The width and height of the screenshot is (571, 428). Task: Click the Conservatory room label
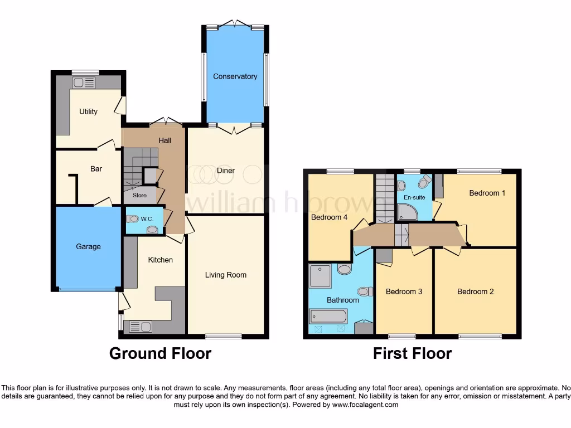pyautogui.click(x=235, y=76)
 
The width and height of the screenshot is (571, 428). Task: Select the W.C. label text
pyautogui.click(x=147, y=219)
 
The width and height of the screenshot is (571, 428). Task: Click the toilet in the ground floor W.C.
pyautogui.click(x=132, y=219)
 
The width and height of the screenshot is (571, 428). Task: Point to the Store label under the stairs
pyautogui.click(x=139, y=196)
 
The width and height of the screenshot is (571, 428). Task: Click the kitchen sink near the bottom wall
pyautogui.click(x=140, y=327)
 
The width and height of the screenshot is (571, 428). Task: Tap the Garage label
pyautogui.click(x=88, y=246)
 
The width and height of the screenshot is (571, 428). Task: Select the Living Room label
pyautogui.click(x=225, y=275)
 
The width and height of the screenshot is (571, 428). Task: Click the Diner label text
pyautogui.click(x=226, y=171)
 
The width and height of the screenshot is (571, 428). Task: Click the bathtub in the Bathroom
pyautogui.click(x=329, y=317)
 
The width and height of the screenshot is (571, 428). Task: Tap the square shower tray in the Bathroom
pyautogui.click(x=320, y=276)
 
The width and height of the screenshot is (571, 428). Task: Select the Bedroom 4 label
pyautogui.click(x=329, y=217)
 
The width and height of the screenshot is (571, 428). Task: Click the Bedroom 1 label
pyautogui.click(x=487, y=193)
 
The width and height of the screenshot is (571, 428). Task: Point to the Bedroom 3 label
pyautogui.click(x=404, y=291)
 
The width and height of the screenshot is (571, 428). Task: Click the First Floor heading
pyautogui.click(x=412, y=353)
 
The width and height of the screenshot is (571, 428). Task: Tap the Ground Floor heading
pyautogui.click(x=160, y=353)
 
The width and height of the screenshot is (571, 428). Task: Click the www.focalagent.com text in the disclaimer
pyautogui.click(x=366, y=405)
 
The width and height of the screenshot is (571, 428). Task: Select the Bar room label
pyautogui.click(x=96, y=168)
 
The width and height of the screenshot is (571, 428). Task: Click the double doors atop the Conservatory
pyautogui.click(x=235, y=24)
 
